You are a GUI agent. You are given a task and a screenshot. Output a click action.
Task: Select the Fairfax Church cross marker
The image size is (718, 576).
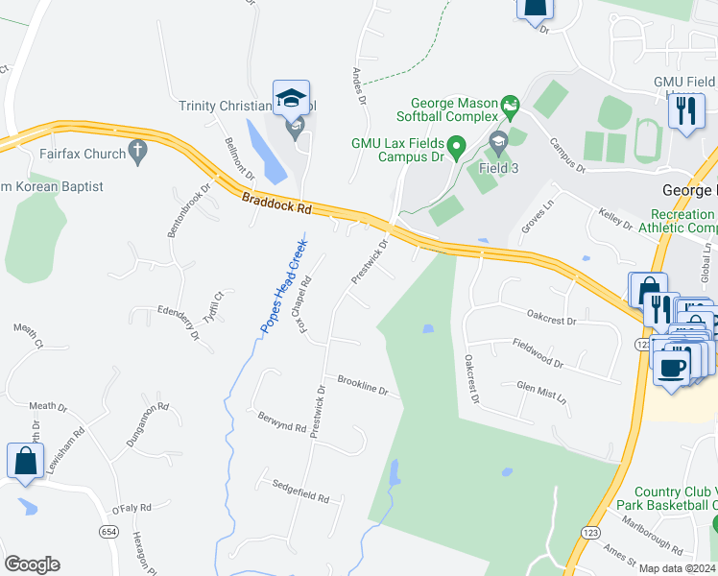[x=138, y=152]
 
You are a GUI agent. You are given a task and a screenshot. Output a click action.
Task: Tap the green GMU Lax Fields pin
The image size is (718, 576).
[x=457, y=147]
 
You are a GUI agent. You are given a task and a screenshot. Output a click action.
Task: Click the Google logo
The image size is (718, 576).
[x=32, y=564]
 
